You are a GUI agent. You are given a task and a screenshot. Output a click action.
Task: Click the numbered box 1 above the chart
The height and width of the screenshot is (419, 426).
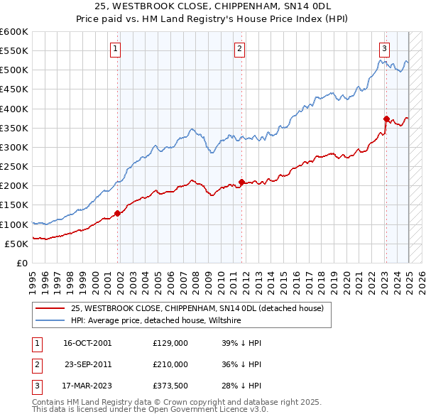pos(115,49)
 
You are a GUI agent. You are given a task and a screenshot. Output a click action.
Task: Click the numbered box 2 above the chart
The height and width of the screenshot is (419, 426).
pos(240,49)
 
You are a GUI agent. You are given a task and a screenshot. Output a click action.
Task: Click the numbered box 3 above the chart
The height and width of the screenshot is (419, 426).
pos(384,49)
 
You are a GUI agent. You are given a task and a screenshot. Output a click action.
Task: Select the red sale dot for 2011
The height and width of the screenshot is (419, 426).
pos(242,182)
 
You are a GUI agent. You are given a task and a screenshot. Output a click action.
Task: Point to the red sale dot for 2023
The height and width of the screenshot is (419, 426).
pos(386,119)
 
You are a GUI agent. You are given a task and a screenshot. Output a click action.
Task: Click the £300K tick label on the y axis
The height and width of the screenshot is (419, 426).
pos(14,147)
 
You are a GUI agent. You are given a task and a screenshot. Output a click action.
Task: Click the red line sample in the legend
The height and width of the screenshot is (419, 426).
pos(50,308)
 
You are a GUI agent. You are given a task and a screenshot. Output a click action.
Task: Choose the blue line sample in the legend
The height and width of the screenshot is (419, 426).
pos(50,320)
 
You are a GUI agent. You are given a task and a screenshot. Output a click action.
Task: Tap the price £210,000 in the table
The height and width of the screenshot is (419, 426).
pos(170,364)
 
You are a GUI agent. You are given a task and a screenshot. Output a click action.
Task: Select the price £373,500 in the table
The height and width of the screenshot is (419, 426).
pos(170,386)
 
